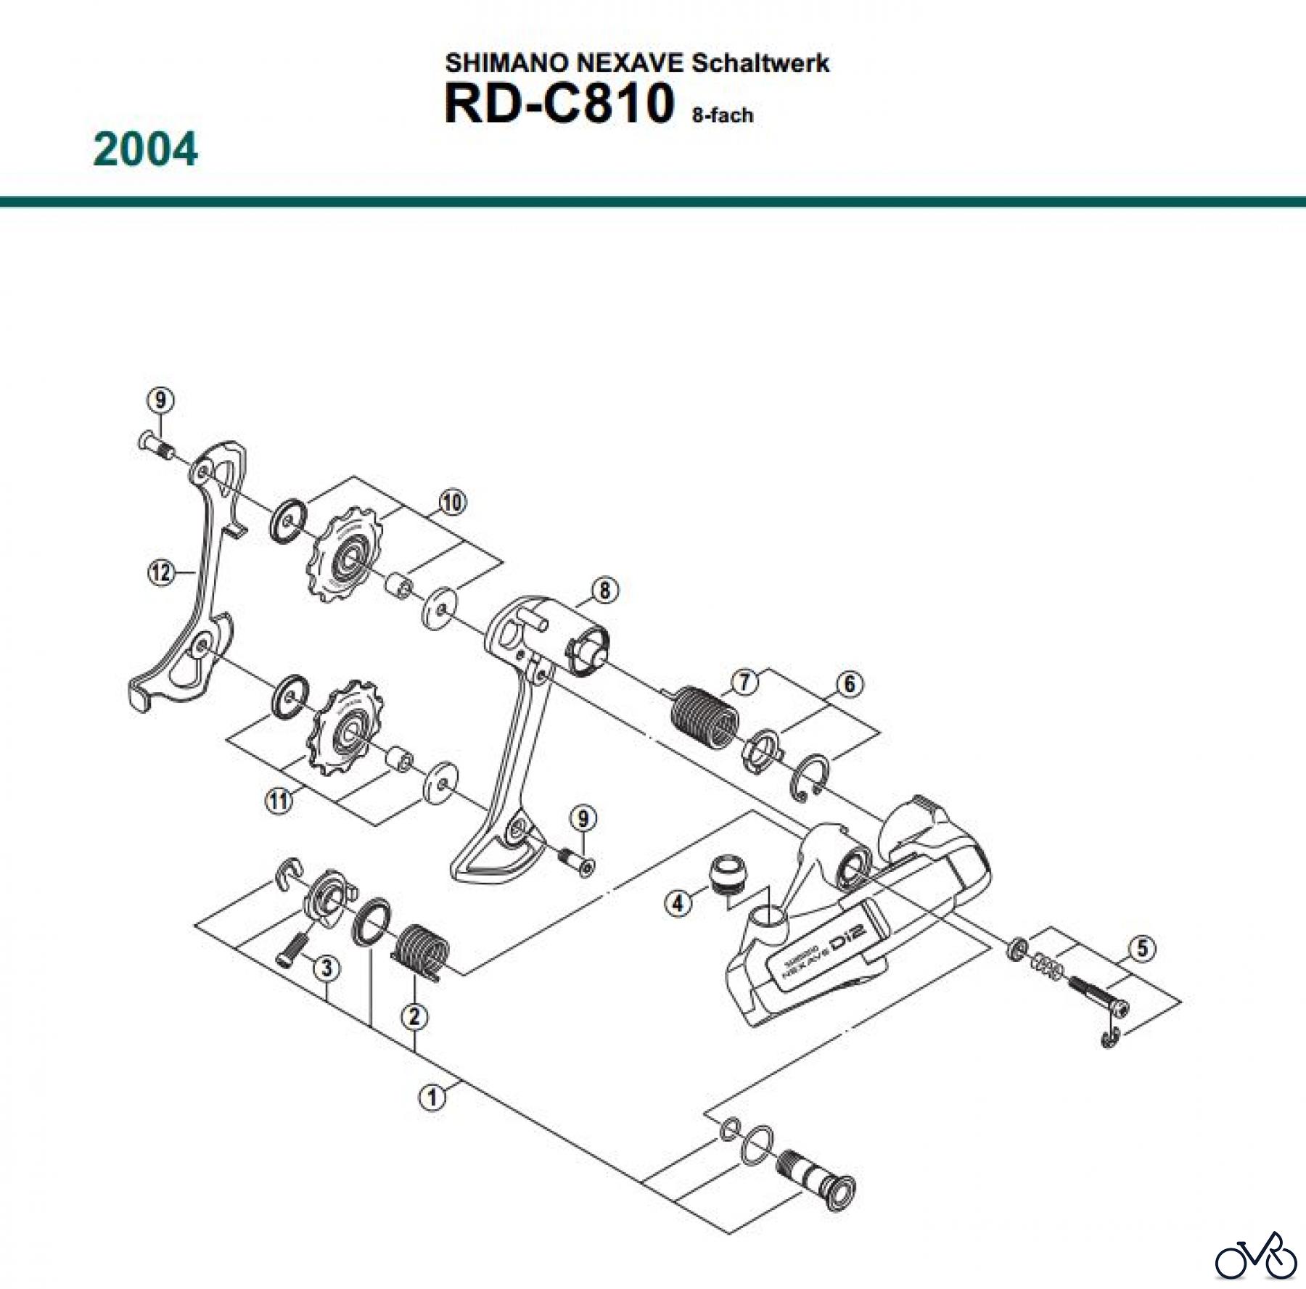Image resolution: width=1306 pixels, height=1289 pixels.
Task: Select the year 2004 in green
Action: click(145, 149)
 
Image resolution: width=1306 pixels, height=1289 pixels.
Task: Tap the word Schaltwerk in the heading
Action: click(760, 63)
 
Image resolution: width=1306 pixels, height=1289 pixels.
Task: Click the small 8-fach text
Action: click(722, 115)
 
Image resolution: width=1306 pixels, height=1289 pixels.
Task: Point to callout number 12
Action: click(161, 573)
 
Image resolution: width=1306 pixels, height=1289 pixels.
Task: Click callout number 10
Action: click(452, 502)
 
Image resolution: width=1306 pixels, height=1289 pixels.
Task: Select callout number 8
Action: click(604, 590)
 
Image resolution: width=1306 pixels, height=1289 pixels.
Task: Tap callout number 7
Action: click(744, 682)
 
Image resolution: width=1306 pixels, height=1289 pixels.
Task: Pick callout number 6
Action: click(849, 683)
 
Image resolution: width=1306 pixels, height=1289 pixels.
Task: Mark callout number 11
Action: click(279, 801)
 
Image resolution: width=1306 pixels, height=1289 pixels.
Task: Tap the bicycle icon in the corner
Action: click(1255, 1255)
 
